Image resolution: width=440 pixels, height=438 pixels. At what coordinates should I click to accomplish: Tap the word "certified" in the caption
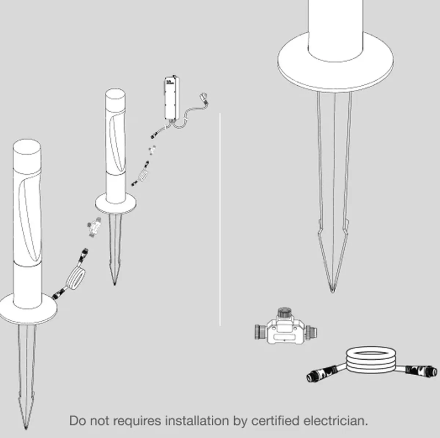275,421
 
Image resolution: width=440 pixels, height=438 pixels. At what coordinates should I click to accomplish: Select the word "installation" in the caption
197,421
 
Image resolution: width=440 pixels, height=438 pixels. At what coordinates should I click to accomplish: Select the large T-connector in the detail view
286,326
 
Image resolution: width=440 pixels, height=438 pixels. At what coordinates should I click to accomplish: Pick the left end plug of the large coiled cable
319,374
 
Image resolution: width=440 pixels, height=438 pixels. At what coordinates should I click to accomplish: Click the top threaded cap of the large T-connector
285,312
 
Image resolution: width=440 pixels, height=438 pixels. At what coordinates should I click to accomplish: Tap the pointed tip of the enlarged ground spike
333,292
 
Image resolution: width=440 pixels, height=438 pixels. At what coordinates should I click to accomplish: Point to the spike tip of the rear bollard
115,285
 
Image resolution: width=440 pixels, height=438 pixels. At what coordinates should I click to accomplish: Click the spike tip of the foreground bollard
26,429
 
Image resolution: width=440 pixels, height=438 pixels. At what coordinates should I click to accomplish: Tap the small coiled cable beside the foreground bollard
76,278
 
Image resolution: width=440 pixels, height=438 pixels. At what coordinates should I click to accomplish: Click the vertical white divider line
220,219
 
